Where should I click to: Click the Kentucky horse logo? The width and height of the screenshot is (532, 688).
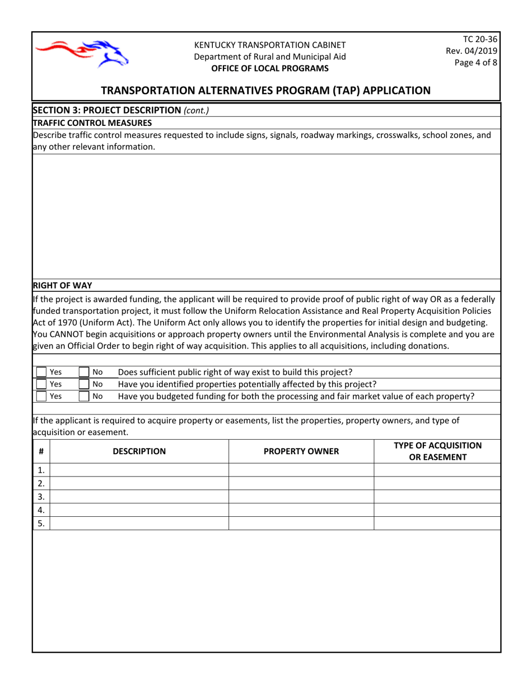[x=82, y=53]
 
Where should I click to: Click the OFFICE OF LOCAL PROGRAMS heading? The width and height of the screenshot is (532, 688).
[x=270, y=68]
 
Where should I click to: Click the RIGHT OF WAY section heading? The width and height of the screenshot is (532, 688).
[x=63, y=285]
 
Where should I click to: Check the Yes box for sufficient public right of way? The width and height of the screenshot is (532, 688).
[x=41, y=372]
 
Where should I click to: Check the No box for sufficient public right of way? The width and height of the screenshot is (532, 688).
[x=83, y=372]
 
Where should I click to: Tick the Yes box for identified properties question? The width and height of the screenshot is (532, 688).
[x=41, y=384]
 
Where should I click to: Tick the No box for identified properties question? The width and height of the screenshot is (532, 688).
[x=83, y=384]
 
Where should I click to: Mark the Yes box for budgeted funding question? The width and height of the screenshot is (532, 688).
[x=41, y=397]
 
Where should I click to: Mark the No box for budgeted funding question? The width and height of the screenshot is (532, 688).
[x=83, y=397]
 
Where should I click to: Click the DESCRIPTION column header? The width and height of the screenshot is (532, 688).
[x=139, y=451]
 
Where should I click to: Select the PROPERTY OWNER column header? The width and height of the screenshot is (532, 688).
[x=301, y=451]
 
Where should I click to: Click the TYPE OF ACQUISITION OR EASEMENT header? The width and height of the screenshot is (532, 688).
[x=437, y=451]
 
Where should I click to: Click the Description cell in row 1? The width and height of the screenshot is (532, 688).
[x=139, y=470]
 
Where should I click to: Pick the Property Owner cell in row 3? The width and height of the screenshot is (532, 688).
[x=301, y=497]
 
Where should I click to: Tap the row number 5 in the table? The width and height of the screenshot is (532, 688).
[x=41, y=524]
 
